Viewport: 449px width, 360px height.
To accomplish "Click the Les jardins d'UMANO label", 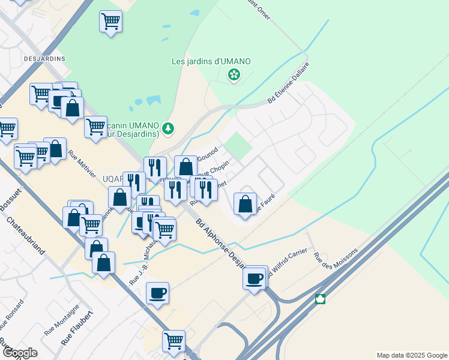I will (x=211, y=61).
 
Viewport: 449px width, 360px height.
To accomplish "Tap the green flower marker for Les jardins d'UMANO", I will (x=234, y=75).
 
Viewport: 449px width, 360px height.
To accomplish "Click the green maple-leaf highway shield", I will (x=321, y=299).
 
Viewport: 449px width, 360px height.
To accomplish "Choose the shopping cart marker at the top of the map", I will (x=111, y=22).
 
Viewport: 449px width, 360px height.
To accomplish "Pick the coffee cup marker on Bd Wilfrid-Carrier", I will (x=255, y=278).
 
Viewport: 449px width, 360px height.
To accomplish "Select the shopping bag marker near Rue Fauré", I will (x=246, y=203).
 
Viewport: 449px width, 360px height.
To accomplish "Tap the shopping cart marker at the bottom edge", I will (x=173, y=341).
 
